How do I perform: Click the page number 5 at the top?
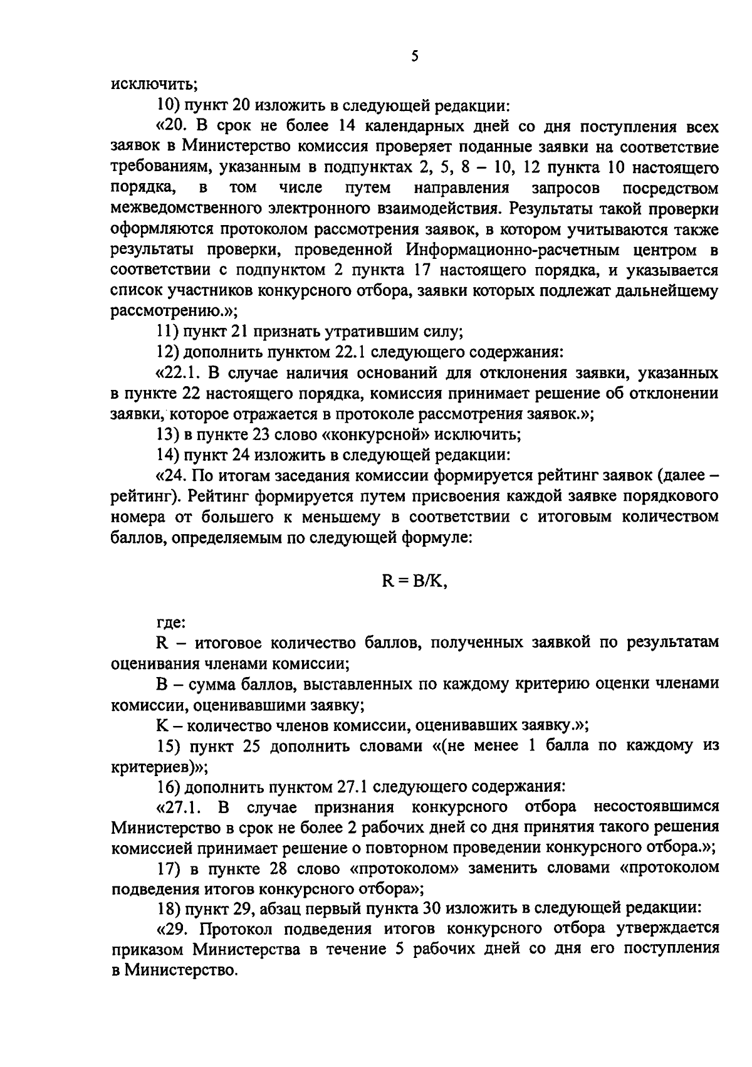(x=414, y=57)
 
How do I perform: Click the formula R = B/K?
(x=414, y=581)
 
